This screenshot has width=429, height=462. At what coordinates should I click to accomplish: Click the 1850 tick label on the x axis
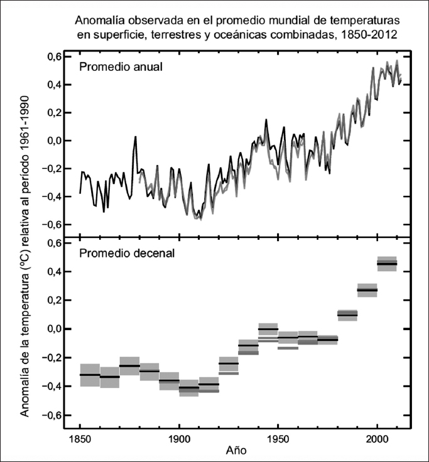point(80,438)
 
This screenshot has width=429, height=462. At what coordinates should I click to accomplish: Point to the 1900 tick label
point(179,438)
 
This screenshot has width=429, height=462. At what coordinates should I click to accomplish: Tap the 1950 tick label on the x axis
point(278,438)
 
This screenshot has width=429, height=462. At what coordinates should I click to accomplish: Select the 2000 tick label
point(377,438)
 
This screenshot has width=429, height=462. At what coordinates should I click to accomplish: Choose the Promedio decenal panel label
point(126,254)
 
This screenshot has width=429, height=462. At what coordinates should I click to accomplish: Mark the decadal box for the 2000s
point(387,264)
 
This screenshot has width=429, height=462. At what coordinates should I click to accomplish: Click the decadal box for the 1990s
point(367,290)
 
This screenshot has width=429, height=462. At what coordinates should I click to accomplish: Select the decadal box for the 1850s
point(90,375)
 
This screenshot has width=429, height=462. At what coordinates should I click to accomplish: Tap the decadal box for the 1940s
point(268,330)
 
